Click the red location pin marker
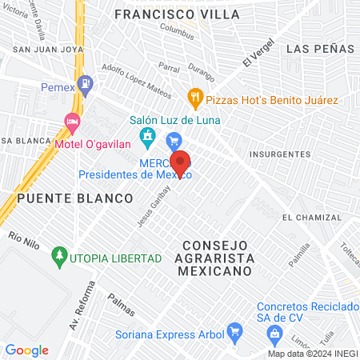pyautogui.click(x=180, y=162)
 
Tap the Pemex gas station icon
pyautogui.click(x=86, y=82)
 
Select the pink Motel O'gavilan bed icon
pyautogui.click(x=72, y=125)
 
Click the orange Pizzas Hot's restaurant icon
pyautogui.click(x=194, y=99)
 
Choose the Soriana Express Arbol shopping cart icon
pyautogui.click(x=234, y=330)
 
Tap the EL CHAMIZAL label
pyautogui.click(x=310, y=218)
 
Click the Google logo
pyautogui.click(x=26, y=350)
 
